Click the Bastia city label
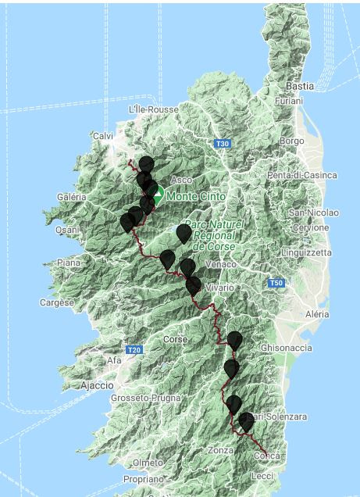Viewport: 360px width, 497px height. click(x=300, y=85)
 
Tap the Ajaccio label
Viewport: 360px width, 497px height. click(x=97, y=385)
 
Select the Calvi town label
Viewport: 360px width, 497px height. click(x=102, y=136)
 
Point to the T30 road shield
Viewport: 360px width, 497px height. click(x=223, y=144)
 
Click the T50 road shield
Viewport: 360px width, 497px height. click(x=274, y=283)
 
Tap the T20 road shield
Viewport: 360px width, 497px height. click(x=134, y=349)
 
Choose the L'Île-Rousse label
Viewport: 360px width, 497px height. click(x=153, y=109)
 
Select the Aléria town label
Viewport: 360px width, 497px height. click(x=317, y=313)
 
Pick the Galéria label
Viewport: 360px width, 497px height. click(x=71, y=197)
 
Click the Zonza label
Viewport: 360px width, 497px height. click(x=221, y=451)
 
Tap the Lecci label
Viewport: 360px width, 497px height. click(x=263, y=475)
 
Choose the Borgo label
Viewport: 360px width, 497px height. click(x=291, y=141)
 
